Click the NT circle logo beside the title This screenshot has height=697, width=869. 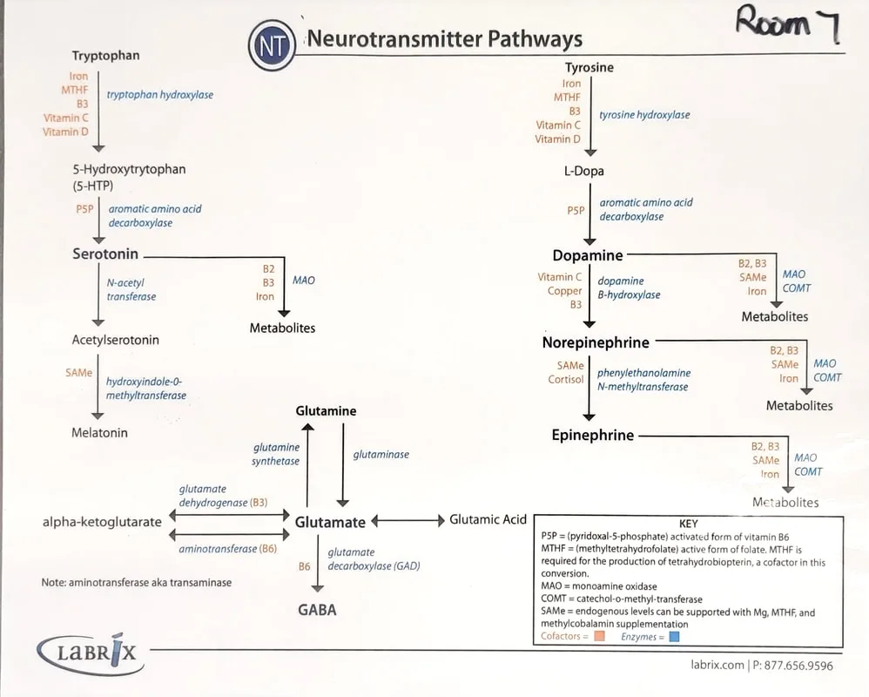pyautogui.click(x=273, y=46)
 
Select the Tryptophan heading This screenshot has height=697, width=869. pyautogui.click(x=105, y=56)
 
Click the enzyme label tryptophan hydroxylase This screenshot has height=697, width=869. pyautogui.click(x=160, y=95)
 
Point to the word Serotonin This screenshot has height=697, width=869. pyautogui.click(x=105, y=254)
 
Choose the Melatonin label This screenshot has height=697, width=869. pyautogui.click(x=99, y=432)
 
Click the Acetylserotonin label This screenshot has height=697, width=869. pyautogui.click(x=116, y=340)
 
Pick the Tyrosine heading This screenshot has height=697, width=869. pyautogui.click(x=589, y=67)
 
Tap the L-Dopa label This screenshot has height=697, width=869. pyautogui.click(x=583, y=171)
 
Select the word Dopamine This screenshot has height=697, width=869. pyautogui.click(x=588, y=255)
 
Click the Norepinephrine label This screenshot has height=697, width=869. pyautogui.click(x=596, y=342)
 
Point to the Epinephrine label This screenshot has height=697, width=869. pyautogui.click(x=593, y=435)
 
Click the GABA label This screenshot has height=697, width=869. pyautogui.click(x=318, y=609)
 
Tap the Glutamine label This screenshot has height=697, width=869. pyautogui.click(x=326, y=411)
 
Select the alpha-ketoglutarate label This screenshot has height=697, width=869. pyautogui.click(x=102, y=522)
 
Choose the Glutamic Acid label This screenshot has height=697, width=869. pyautogui.click(x=488, y=519)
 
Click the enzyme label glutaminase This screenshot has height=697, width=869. pyautogui.click(x=381, y=454)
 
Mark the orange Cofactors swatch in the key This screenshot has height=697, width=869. pyautogui.click(x=599, y=637)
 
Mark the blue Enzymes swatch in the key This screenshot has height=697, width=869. pyautogui.click(x=673, y=637)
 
